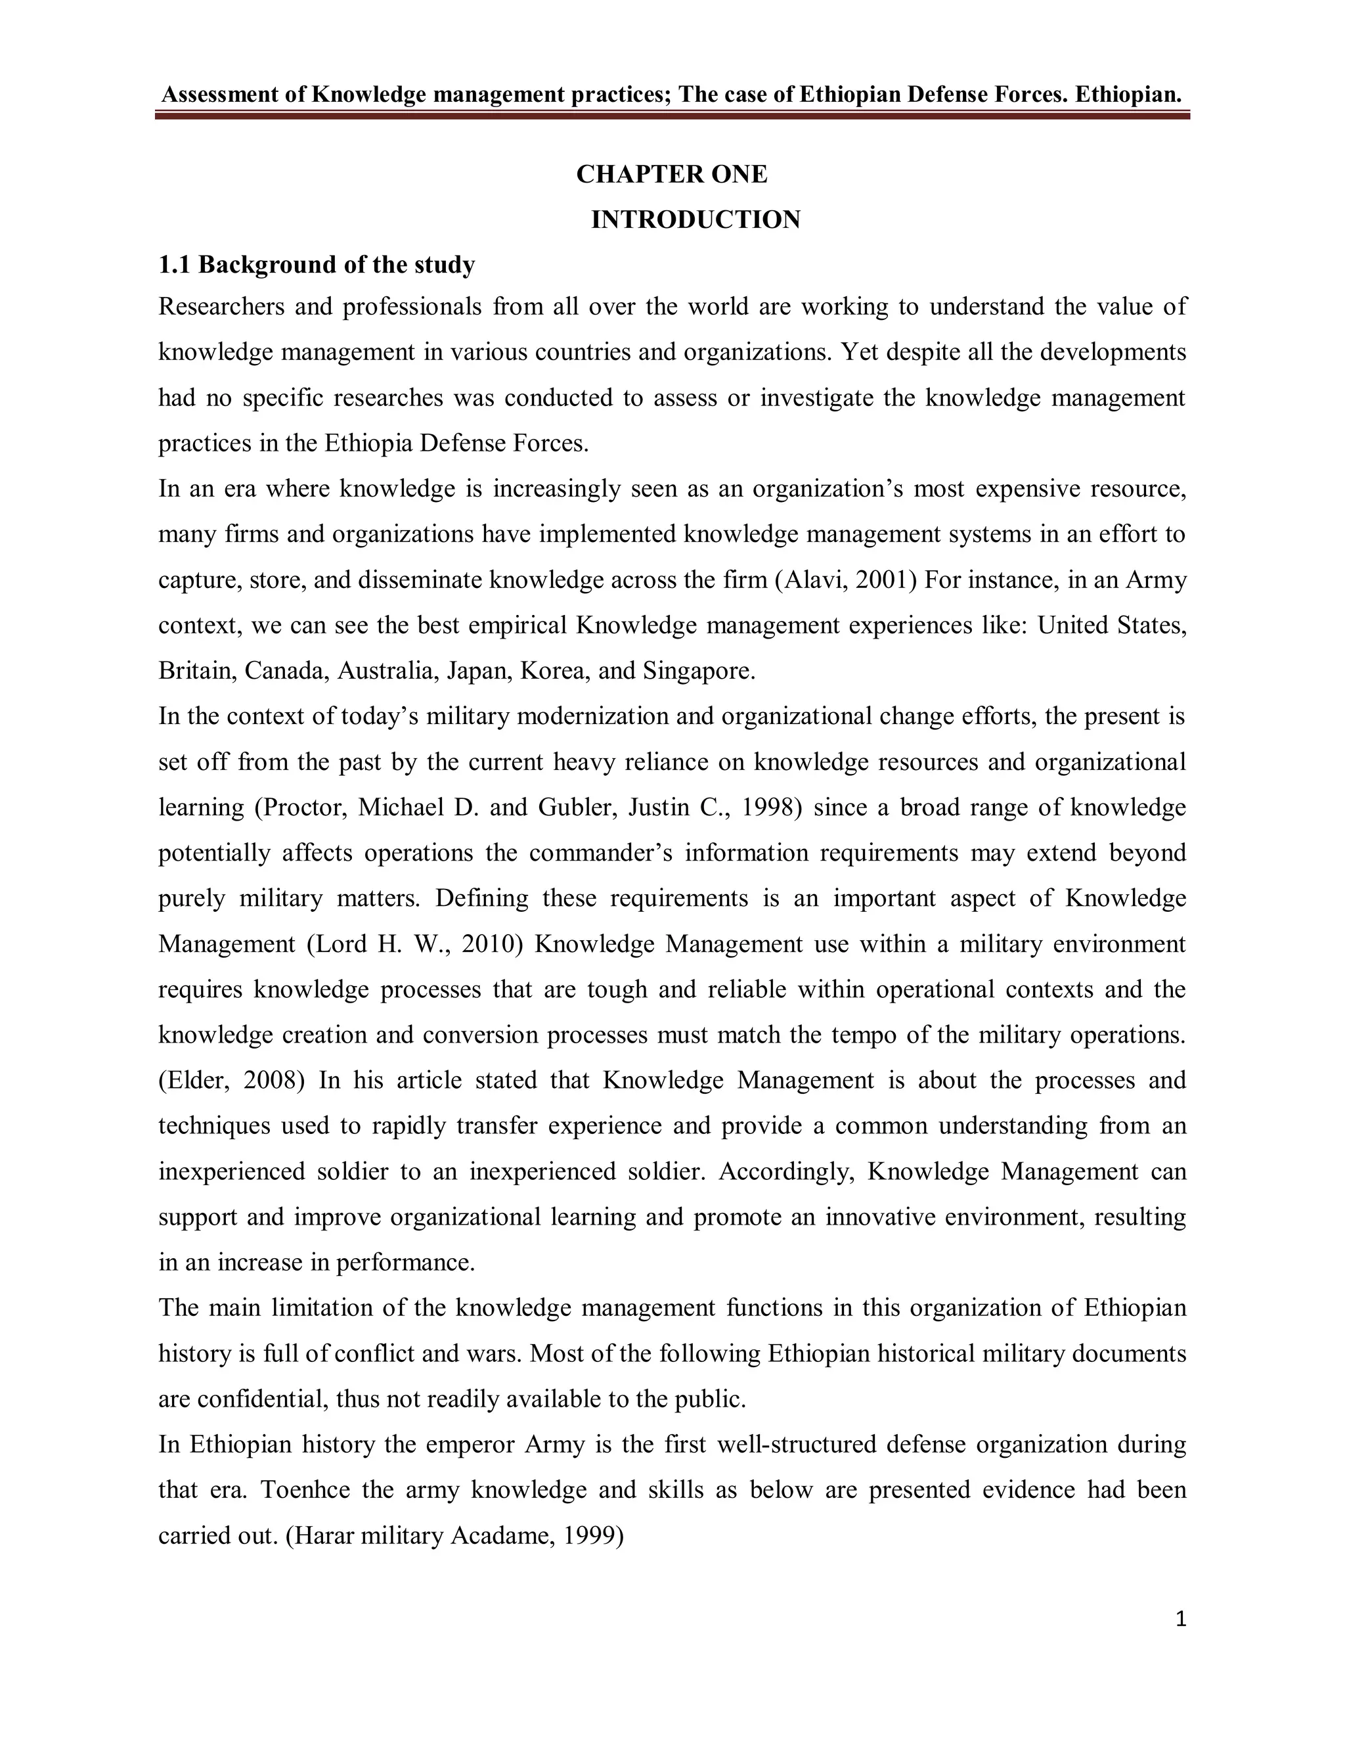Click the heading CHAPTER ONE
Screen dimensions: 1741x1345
point(672,174)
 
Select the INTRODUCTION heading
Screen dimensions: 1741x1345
point(695,219)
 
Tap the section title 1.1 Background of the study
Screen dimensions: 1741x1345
point(317,264)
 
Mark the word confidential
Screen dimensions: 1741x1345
point(263,1399)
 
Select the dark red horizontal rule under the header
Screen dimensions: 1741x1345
point(672,116)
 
